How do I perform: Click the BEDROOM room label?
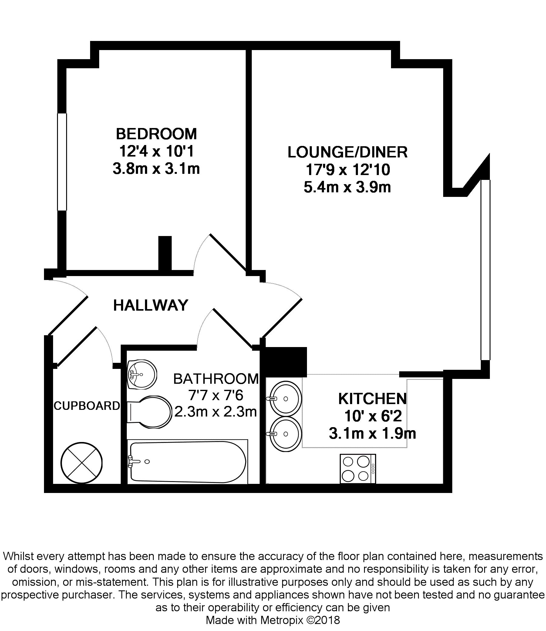coord(156,134)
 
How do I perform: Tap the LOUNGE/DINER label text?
coord(347,152)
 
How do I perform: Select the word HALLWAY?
coord(150,305)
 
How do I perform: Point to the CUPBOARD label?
coord(86,406)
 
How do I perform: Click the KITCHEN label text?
coord(372,399)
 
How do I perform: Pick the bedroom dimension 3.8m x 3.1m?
coord(156,168)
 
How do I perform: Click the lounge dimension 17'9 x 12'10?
coord(347,170)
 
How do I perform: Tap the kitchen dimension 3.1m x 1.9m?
coord(372,433)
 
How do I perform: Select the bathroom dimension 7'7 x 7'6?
coord(216,396)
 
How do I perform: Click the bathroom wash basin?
coord(142,374)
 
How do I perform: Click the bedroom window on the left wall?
coord(62,162)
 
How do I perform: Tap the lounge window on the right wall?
coord(485,270)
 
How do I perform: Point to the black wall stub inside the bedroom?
coord(165,253)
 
